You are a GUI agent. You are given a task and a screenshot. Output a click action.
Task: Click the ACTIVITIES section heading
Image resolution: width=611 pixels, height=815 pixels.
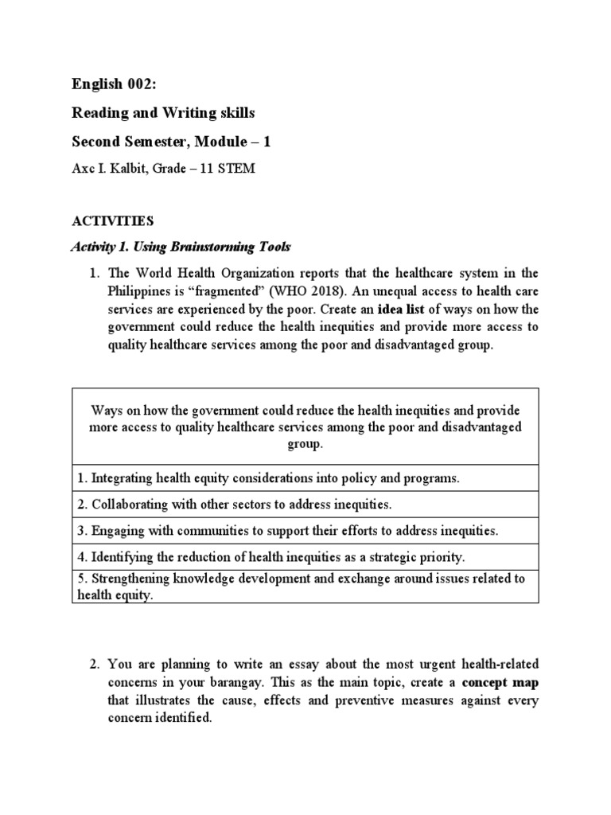pyautogui.click(x=112, y=220)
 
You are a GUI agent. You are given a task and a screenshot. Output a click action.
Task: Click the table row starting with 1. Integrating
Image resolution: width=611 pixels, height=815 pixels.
pyautogui.click(x=269, y=478)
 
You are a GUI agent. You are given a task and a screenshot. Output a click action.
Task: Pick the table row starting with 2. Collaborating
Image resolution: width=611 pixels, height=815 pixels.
pyautogui.click(x=235, y=505)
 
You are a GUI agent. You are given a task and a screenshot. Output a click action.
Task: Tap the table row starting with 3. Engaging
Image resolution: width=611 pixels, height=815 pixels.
pyautogui.click(x=288, y=531)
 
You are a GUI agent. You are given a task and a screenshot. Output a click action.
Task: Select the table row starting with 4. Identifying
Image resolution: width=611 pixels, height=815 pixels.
pyautogui.click(x=271, y=557)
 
